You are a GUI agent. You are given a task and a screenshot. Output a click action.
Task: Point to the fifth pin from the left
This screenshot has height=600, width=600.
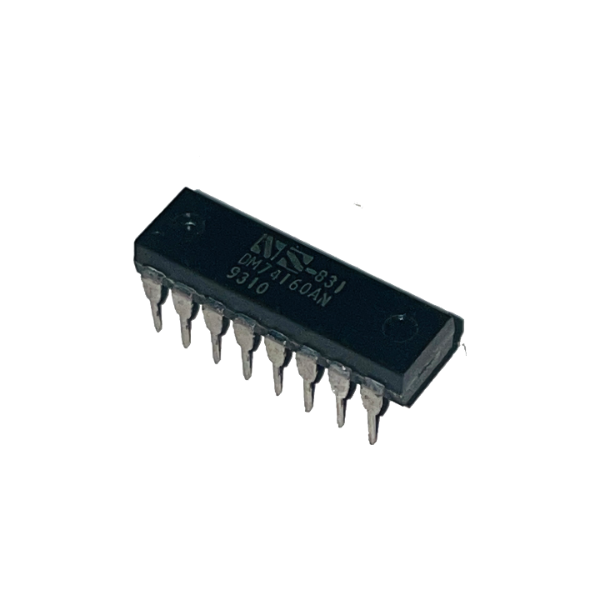point(274,370)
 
